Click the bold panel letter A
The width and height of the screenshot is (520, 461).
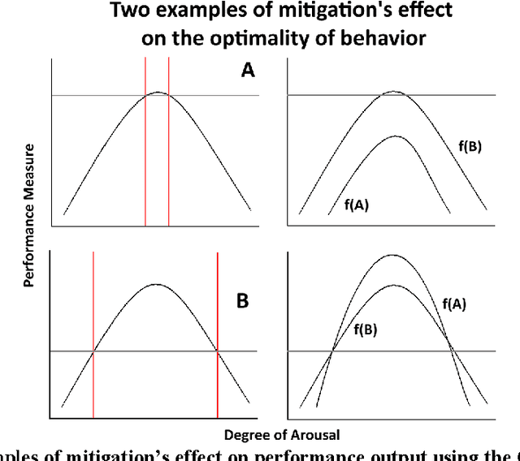(x=248, y=71)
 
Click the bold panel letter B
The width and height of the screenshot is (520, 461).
(x=242, y=301)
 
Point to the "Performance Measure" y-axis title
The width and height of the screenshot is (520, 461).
(x=28, y=216)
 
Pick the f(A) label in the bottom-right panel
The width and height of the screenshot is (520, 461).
(x=456, y=304)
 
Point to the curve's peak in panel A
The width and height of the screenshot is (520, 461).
(x=158, y=93)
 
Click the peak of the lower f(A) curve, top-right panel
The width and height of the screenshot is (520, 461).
(x=395, y=136)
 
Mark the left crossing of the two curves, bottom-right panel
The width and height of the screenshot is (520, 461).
(x=331, y=351)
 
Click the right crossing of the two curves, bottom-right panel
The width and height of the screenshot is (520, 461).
(x=452, y=351)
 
